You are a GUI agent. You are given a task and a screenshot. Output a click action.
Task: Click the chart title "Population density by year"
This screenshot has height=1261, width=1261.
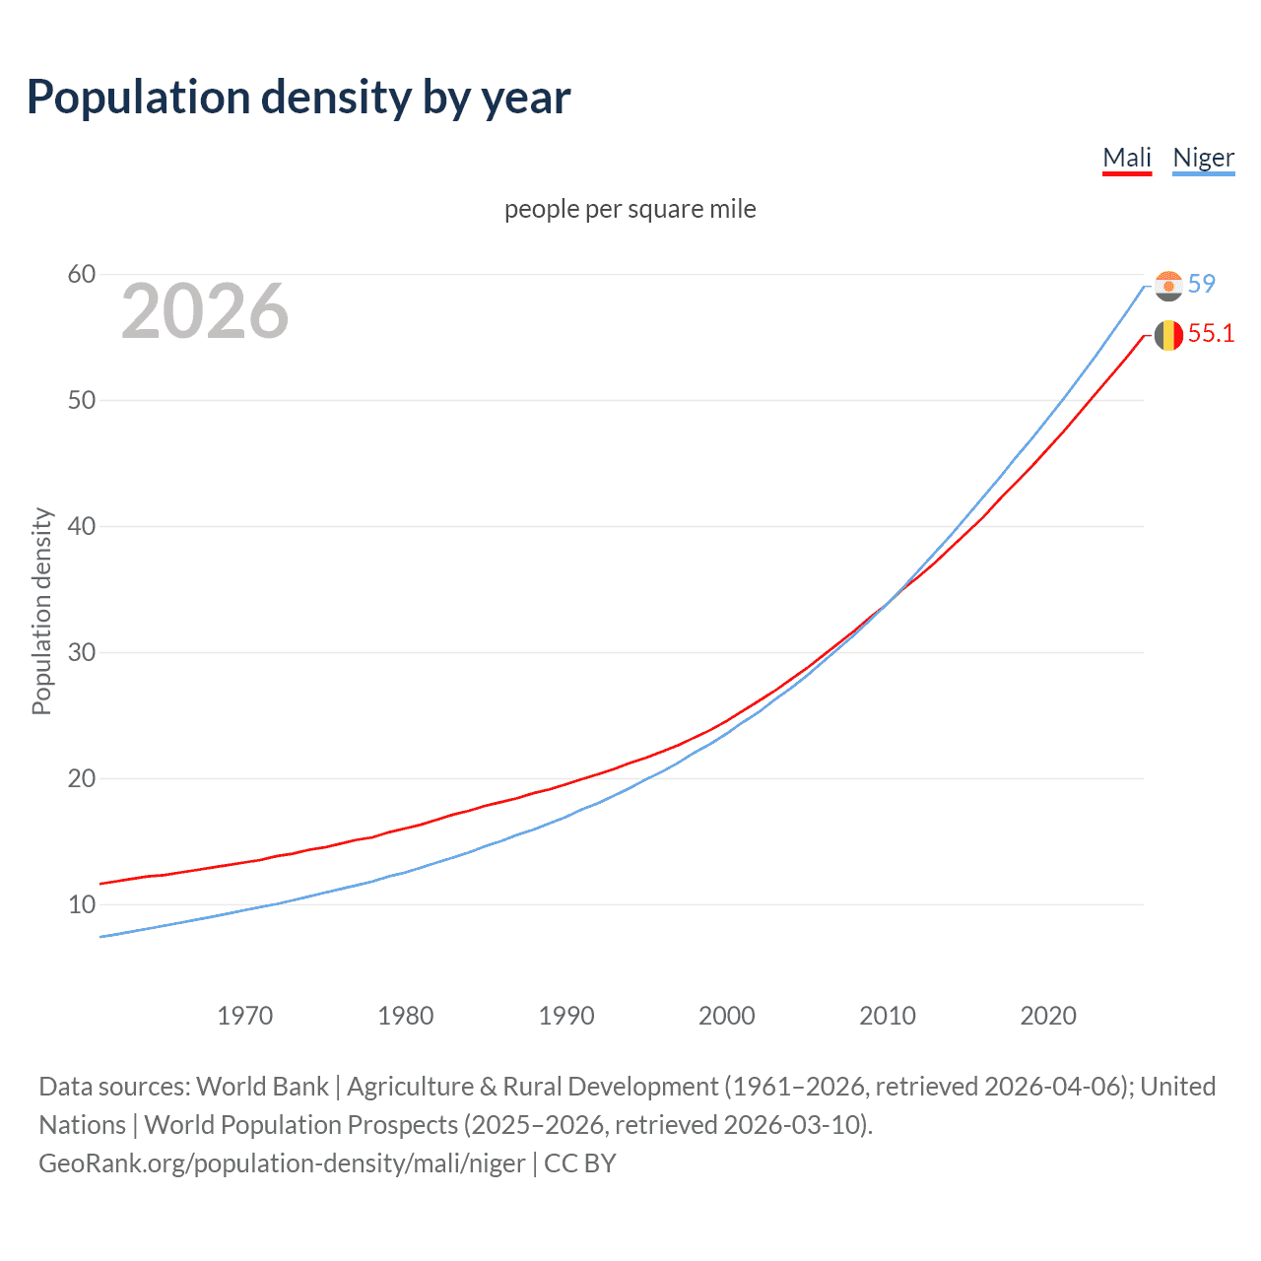point(299,98)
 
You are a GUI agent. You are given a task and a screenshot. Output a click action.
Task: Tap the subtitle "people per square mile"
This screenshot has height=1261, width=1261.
point(630,209)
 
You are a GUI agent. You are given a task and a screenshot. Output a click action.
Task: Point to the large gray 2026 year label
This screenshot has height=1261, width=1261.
point(205,311)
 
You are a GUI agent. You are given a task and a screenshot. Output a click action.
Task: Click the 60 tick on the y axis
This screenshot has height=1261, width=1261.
point(82,274)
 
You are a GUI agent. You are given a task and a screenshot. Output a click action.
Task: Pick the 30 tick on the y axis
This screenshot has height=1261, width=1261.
point(82,652)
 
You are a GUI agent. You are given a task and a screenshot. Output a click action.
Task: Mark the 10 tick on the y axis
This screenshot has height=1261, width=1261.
point(82,904)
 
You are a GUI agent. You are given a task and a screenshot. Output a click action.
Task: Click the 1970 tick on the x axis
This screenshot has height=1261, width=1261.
point(244,1016)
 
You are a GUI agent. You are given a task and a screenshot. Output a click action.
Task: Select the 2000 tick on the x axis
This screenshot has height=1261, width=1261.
point(726,1016)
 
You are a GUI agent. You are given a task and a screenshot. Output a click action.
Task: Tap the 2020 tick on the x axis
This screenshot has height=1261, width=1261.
point(1047,1016)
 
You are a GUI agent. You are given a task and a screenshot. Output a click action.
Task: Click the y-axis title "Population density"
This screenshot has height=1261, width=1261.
point(41,611)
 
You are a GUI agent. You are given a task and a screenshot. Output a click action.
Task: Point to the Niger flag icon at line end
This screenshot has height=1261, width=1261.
point(1168,286)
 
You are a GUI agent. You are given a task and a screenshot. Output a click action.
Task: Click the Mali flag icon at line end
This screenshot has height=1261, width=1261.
point(1168,335)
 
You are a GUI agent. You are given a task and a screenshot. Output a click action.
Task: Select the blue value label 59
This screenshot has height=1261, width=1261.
point(1202,284)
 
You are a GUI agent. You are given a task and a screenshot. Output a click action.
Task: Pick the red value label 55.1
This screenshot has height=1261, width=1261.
point(1211,334)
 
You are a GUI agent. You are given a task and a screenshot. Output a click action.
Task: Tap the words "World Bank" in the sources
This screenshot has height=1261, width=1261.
point(262,1087)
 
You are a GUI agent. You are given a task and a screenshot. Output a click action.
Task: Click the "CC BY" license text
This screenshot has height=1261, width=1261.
point(580,1163)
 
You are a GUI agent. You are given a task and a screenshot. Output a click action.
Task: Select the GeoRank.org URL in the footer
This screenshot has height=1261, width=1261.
point(282,1163)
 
